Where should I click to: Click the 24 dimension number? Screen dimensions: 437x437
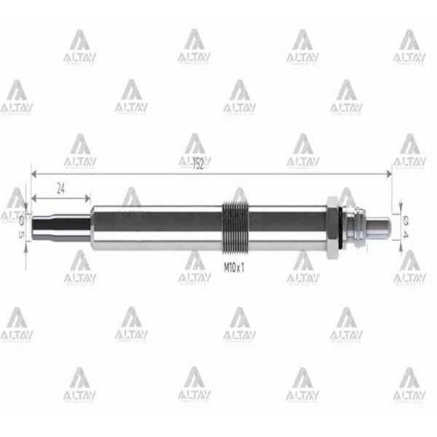click(x=61, y=187)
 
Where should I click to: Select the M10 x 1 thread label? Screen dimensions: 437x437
click(x=233, y=267)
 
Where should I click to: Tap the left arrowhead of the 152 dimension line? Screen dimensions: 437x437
click(x=34, y=173)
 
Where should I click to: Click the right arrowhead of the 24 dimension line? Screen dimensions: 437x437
click(x=88, y=197)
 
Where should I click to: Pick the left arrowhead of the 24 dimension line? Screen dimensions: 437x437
click(x=34, y=197)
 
